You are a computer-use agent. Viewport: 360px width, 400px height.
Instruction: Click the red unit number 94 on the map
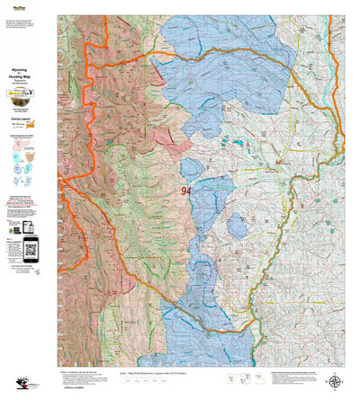pyautogui.click(x=186, y=191)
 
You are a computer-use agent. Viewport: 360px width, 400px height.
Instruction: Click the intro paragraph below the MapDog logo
pyautogui.click(x=27, y=27)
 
